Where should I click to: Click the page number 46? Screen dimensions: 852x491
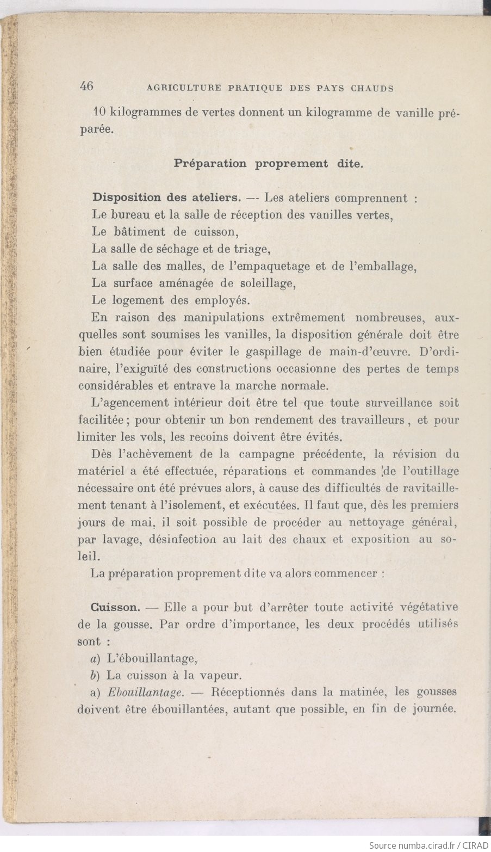point(87,86)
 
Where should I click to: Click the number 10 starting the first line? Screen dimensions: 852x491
point(99,113)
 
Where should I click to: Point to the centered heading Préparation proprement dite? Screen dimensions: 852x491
point(268,163)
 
